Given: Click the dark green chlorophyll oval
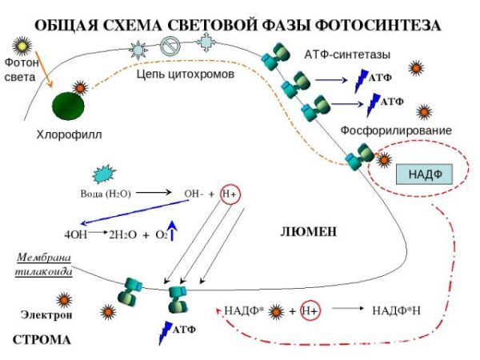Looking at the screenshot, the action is [x=68, y=106].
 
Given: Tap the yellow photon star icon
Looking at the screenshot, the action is [x=22, y=46].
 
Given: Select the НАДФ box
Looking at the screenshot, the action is [x=424, y=174].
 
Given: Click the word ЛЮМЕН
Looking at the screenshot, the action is [x=308, y=232].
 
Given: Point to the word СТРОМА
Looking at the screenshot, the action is [x=42, y=340].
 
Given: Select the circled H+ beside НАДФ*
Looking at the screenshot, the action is [x=310, y=311].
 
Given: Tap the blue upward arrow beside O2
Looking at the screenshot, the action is [x=172, y=230].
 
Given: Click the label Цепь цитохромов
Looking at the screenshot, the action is [x=186, y=74].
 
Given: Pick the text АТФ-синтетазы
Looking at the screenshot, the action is [x=347, y=54].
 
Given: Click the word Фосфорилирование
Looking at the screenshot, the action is [x=396, y=130].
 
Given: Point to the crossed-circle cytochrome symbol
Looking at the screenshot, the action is [x=170, y=46].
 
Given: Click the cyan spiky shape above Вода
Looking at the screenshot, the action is [x=104, y=174].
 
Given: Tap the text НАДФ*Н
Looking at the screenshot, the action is [x=396, y=311].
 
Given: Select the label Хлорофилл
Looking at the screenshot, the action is [x=69, y=134].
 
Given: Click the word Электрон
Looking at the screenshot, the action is [x=46, y=314].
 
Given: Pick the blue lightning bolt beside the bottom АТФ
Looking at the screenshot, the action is [x=166, y=333].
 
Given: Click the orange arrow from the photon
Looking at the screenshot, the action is [x=44, y=70].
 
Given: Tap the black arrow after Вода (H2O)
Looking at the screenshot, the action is [x=154, y=193].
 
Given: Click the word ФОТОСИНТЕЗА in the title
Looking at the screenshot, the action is [x=378, y=26].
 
